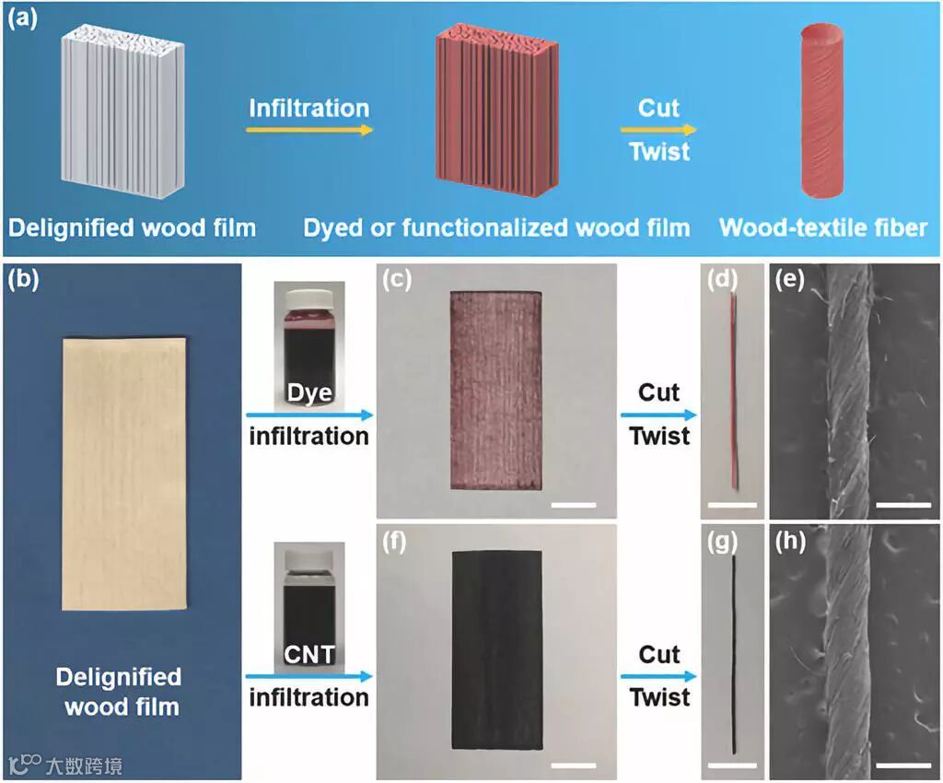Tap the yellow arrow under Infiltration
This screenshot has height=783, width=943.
309,130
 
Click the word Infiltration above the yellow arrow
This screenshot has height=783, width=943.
309,108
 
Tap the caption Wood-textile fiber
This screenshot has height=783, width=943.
822,228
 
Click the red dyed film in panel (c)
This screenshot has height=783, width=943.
495,391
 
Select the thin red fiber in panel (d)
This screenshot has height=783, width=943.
734,391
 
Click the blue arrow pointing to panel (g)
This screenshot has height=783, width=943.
655,677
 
